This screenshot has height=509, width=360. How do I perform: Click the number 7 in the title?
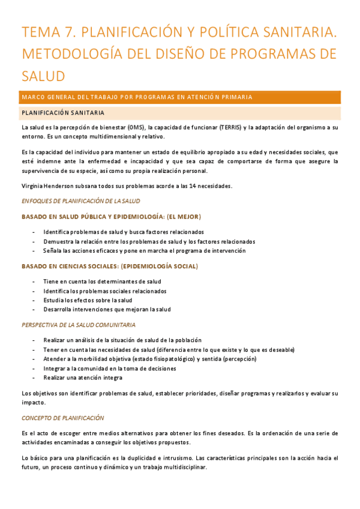[72, 32]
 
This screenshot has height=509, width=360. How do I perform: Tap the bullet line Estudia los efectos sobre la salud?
[88, 300]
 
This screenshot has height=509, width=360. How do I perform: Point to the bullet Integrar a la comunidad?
[109, 369]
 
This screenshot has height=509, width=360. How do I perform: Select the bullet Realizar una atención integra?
[83, 378]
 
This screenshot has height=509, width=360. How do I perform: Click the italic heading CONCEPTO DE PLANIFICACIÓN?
[62, 418]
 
